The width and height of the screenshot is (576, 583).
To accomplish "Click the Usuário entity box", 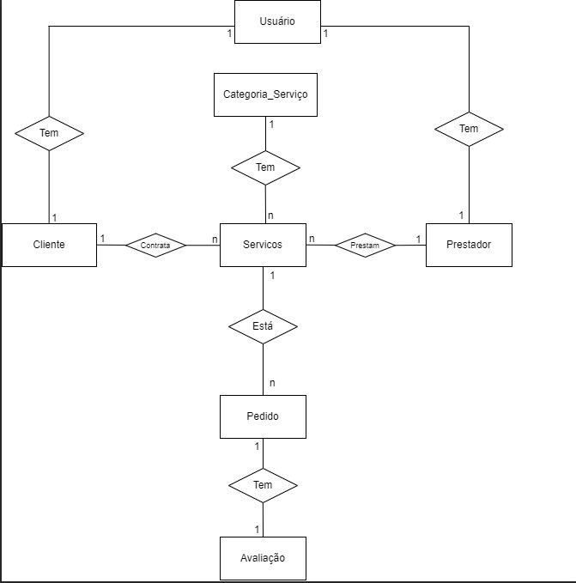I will [277, 21].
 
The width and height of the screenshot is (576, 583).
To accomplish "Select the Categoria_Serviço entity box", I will [265, 94].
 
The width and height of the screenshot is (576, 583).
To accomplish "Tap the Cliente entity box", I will [49, 245].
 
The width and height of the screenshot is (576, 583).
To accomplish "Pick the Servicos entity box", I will [263, 245].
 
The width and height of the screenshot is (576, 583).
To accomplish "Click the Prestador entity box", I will [469, 245].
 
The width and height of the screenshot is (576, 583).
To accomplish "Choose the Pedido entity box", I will [263, 416].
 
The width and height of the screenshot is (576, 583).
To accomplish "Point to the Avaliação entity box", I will [263, 558].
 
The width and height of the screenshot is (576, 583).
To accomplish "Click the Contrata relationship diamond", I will [155, 246].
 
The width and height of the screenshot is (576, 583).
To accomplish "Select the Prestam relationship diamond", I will [365, 246].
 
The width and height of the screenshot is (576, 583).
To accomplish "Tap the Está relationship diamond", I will [263, 326].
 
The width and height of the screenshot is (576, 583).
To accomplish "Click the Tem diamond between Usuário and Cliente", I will [49, 132].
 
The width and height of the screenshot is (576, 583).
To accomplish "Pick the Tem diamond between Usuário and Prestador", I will [469, 128].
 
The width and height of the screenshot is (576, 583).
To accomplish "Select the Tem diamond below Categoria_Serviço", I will [266, 167].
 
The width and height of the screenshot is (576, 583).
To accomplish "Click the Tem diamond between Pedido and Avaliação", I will [263, 485].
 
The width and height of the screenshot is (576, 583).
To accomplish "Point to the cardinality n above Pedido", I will [272, 382].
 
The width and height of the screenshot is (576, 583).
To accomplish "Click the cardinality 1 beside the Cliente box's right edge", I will [102, 238].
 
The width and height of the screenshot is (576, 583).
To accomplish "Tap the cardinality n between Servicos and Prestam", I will [312, 238].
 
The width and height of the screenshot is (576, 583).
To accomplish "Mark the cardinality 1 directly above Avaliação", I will [257, 529].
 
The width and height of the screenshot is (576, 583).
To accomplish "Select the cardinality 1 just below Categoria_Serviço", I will [272, 124].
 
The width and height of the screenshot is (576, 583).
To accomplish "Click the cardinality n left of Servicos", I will [215, 238].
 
